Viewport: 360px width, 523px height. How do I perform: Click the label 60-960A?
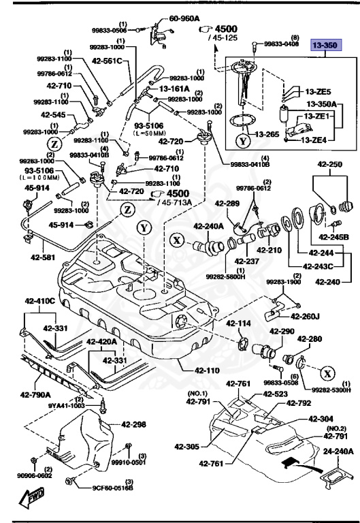tap(184, 19)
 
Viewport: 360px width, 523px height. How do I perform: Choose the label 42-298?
tap(134, 424)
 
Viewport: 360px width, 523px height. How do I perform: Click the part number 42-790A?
tap(35, 393)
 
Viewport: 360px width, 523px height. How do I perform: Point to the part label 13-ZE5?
tap(318, 91)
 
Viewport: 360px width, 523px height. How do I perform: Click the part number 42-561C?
tap(105, 61)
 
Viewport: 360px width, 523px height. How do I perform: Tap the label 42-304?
tap(321, 419)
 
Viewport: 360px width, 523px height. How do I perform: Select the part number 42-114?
tap(239, 323)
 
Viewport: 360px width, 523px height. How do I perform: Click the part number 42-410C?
tap(40, 300)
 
